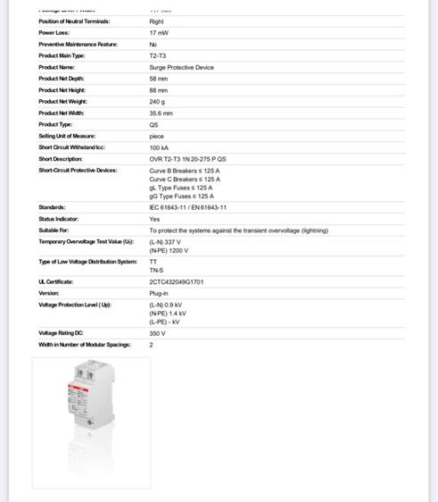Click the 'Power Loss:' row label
click(x=54, y=32)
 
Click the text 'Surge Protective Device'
click(x=181, y=67)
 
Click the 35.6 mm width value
click(x=161, y=113)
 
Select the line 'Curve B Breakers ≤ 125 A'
click(x=185, y=170)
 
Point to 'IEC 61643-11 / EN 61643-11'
click(x=187, y=207)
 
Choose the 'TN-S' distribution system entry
click(x=156, y=269)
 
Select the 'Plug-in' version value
click(x=159, y=293)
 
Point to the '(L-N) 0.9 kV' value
click(x=167, y=305)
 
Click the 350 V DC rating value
click(x=158, y=333)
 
